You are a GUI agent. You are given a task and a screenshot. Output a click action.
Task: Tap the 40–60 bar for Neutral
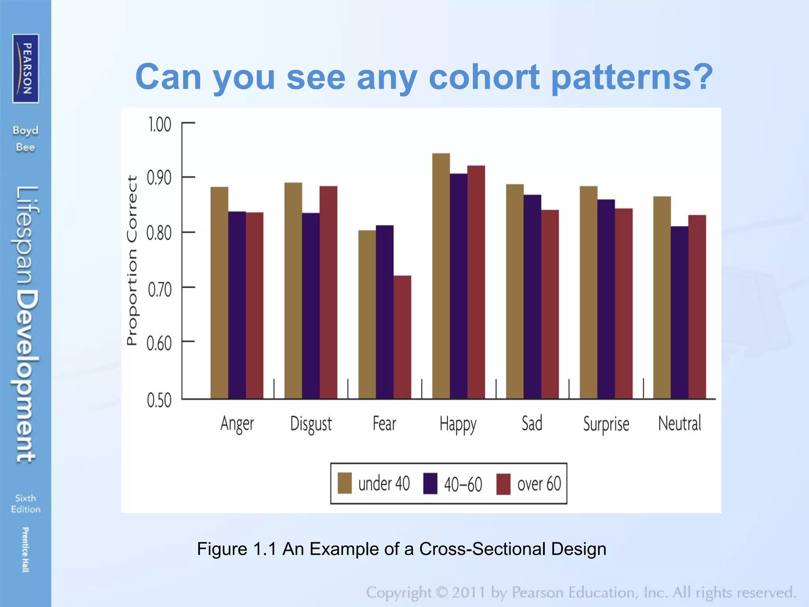point(679,312)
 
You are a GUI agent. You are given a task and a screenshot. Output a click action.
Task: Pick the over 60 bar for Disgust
point(328,292)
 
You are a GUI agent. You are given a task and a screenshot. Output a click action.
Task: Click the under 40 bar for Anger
point(219,292)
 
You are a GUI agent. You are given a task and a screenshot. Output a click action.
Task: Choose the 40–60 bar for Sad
point(532,296)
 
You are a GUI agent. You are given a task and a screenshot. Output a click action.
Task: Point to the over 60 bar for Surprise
point(623,303)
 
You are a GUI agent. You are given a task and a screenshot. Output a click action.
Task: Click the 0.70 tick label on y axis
point(160,290)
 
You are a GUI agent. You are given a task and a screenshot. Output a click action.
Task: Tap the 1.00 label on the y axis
point(159,124)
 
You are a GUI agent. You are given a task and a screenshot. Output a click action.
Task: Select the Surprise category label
point(606,424)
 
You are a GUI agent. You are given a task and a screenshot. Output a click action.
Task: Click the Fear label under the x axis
point(384,423)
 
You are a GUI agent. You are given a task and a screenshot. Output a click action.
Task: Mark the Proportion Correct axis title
point(132,260)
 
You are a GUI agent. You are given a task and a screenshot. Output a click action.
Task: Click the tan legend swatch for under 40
point(344,483)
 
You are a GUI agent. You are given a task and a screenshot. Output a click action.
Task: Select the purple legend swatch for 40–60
point(430,483)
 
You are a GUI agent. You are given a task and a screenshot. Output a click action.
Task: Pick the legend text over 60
point(539,484)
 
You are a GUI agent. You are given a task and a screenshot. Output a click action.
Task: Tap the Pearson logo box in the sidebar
point(26,68)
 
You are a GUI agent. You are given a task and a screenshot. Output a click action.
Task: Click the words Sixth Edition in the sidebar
point(26,503)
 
